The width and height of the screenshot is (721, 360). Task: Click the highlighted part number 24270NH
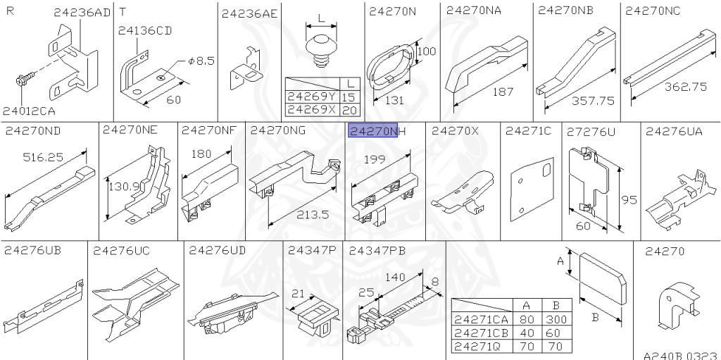click(377, 131)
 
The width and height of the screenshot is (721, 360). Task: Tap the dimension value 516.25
click(43, 157)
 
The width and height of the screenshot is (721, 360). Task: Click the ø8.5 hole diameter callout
click(201, 61)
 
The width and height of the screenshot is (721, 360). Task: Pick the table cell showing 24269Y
click(312, 97)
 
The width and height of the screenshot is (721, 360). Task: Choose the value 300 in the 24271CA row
click(557, 319)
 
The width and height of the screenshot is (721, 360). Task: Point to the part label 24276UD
click(218, 250)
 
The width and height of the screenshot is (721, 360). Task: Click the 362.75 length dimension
click(686, 86)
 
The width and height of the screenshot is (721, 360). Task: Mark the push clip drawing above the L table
click(321, 51)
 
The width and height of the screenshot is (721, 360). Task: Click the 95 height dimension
click(629, 200)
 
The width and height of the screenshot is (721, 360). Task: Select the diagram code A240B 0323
click(682, 356)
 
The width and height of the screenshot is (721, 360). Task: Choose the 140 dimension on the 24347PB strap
click(395, 277)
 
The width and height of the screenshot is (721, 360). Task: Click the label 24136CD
click(145, 30)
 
